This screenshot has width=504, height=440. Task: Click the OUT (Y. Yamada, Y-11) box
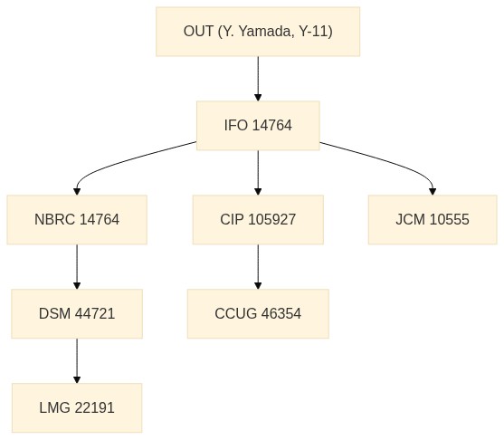pyautogui.click(x=258, y=32)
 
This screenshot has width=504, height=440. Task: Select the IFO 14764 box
pyautogui.click(x=258, y=126)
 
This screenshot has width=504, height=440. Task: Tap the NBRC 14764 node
pyautogui.click(x=77, y=220)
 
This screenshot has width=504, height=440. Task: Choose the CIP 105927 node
pyautogui.click(x=258, y=220)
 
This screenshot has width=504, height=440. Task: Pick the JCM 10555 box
pyautogui.click(x=433, y=220)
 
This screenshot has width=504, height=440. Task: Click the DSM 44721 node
pyautogui.click(x=77, y=313)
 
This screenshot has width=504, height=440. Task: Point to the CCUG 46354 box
pyautogui.click(x=258, y=313)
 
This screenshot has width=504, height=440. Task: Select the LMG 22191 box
pyautogui.click(x=77, y=407)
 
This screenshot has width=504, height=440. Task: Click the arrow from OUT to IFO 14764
pyautogui.click(x=258, y=79)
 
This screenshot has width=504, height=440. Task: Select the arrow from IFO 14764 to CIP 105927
pyautogui.click(x=258, y=173)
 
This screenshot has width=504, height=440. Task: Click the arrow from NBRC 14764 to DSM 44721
pyautogui.click(x=77, y=267)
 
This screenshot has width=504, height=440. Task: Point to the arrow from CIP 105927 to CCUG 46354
pyautogui.click(x=258, y=267)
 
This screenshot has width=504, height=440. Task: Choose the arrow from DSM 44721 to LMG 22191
pyautogui.click(x=77, y=360)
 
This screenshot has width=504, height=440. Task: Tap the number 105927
pyautogui.click(x=272, y=220)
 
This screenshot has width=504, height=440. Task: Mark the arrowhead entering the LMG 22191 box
pyautogui.click(x=77, y=379)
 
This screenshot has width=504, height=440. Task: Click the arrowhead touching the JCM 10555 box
pyautogui.click(x=433, y=191)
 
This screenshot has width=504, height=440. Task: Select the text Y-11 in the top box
pyautogui.click(x=313, y=32)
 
